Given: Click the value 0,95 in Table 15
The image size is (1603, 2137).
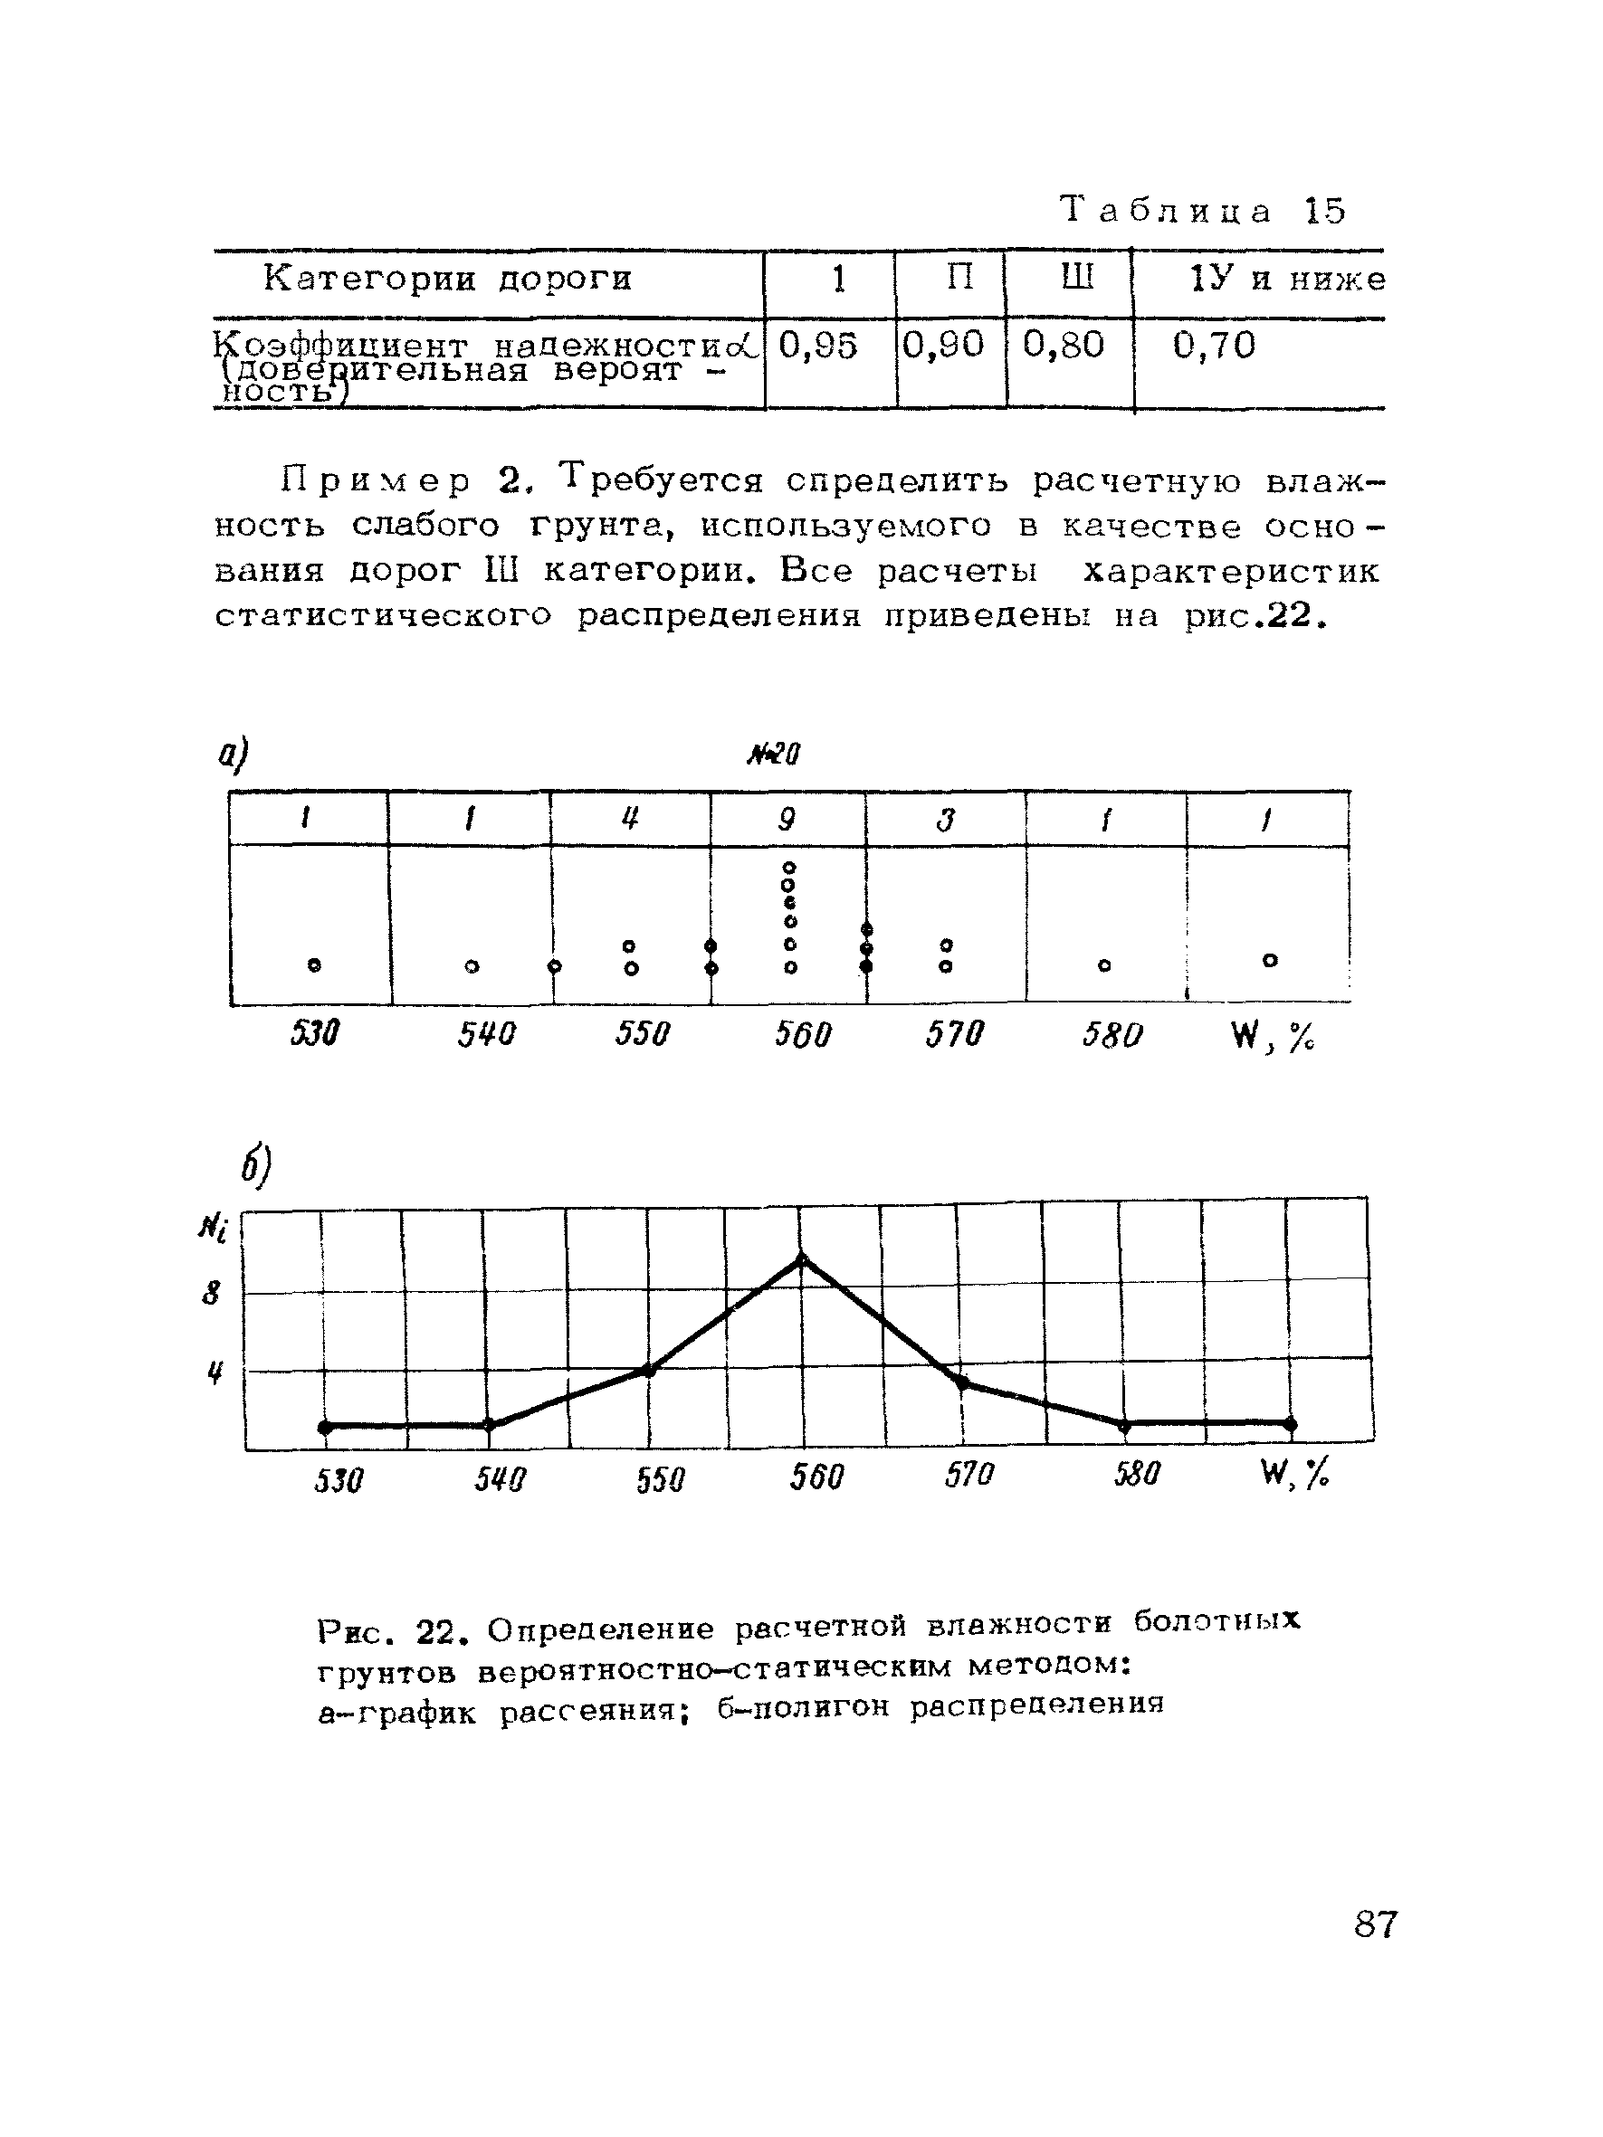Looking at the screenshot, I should click(817, 346).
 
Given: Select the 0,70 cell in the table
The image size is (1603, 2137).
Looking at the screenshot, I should click(1214, 346).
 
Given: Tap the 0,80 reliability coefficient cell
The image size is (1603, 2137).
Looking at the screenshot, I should click(1063, 345).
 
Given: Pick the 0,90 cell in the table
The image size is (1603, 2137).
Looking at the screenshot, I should click(943, 345).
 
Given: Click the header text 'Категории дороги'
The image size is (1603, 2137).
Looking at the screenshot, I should click(447, 280).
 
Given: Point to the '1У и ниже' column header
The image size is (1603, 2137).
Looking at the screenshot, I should click(1288, 280).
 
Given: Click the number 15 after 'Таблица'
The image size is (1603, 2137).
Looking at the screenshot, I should click(1325, 211).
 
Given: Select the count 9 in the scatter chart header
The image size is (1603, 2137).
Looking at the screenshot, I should click(787, 821).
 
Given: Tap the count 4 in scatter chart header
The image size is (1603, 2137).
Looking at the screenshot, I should click(630, 821).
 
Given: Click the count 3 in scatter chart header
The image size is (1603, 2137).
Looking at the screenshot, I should click(946, 821).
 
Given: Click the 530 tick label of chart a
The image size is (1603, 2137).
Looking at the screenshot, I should click(315, 1035).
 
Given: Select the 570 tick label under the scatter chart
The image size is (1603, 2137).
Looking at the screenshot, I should click(954, 1035).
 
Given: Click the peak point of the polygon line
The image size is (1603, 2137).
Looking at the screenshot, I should click(801, 1259).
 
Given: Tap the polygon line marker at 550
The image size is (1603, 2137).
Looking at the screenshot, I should click(648, 1370).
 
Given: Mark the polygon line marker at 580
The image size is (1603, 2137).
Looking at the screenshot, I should click(1124, 1425).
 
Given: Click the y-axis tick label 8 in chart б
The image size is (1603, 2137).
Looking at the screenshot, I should click(212, 1293).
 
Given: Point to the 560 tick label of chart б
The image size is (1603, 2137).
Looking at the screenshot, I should click(816, 1477).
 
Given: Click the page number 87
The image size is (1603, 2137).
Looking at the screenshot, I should click(1375, 1923).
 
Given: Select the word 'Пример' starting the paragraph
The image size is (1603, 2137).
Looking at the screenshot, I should click(377, 481).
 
